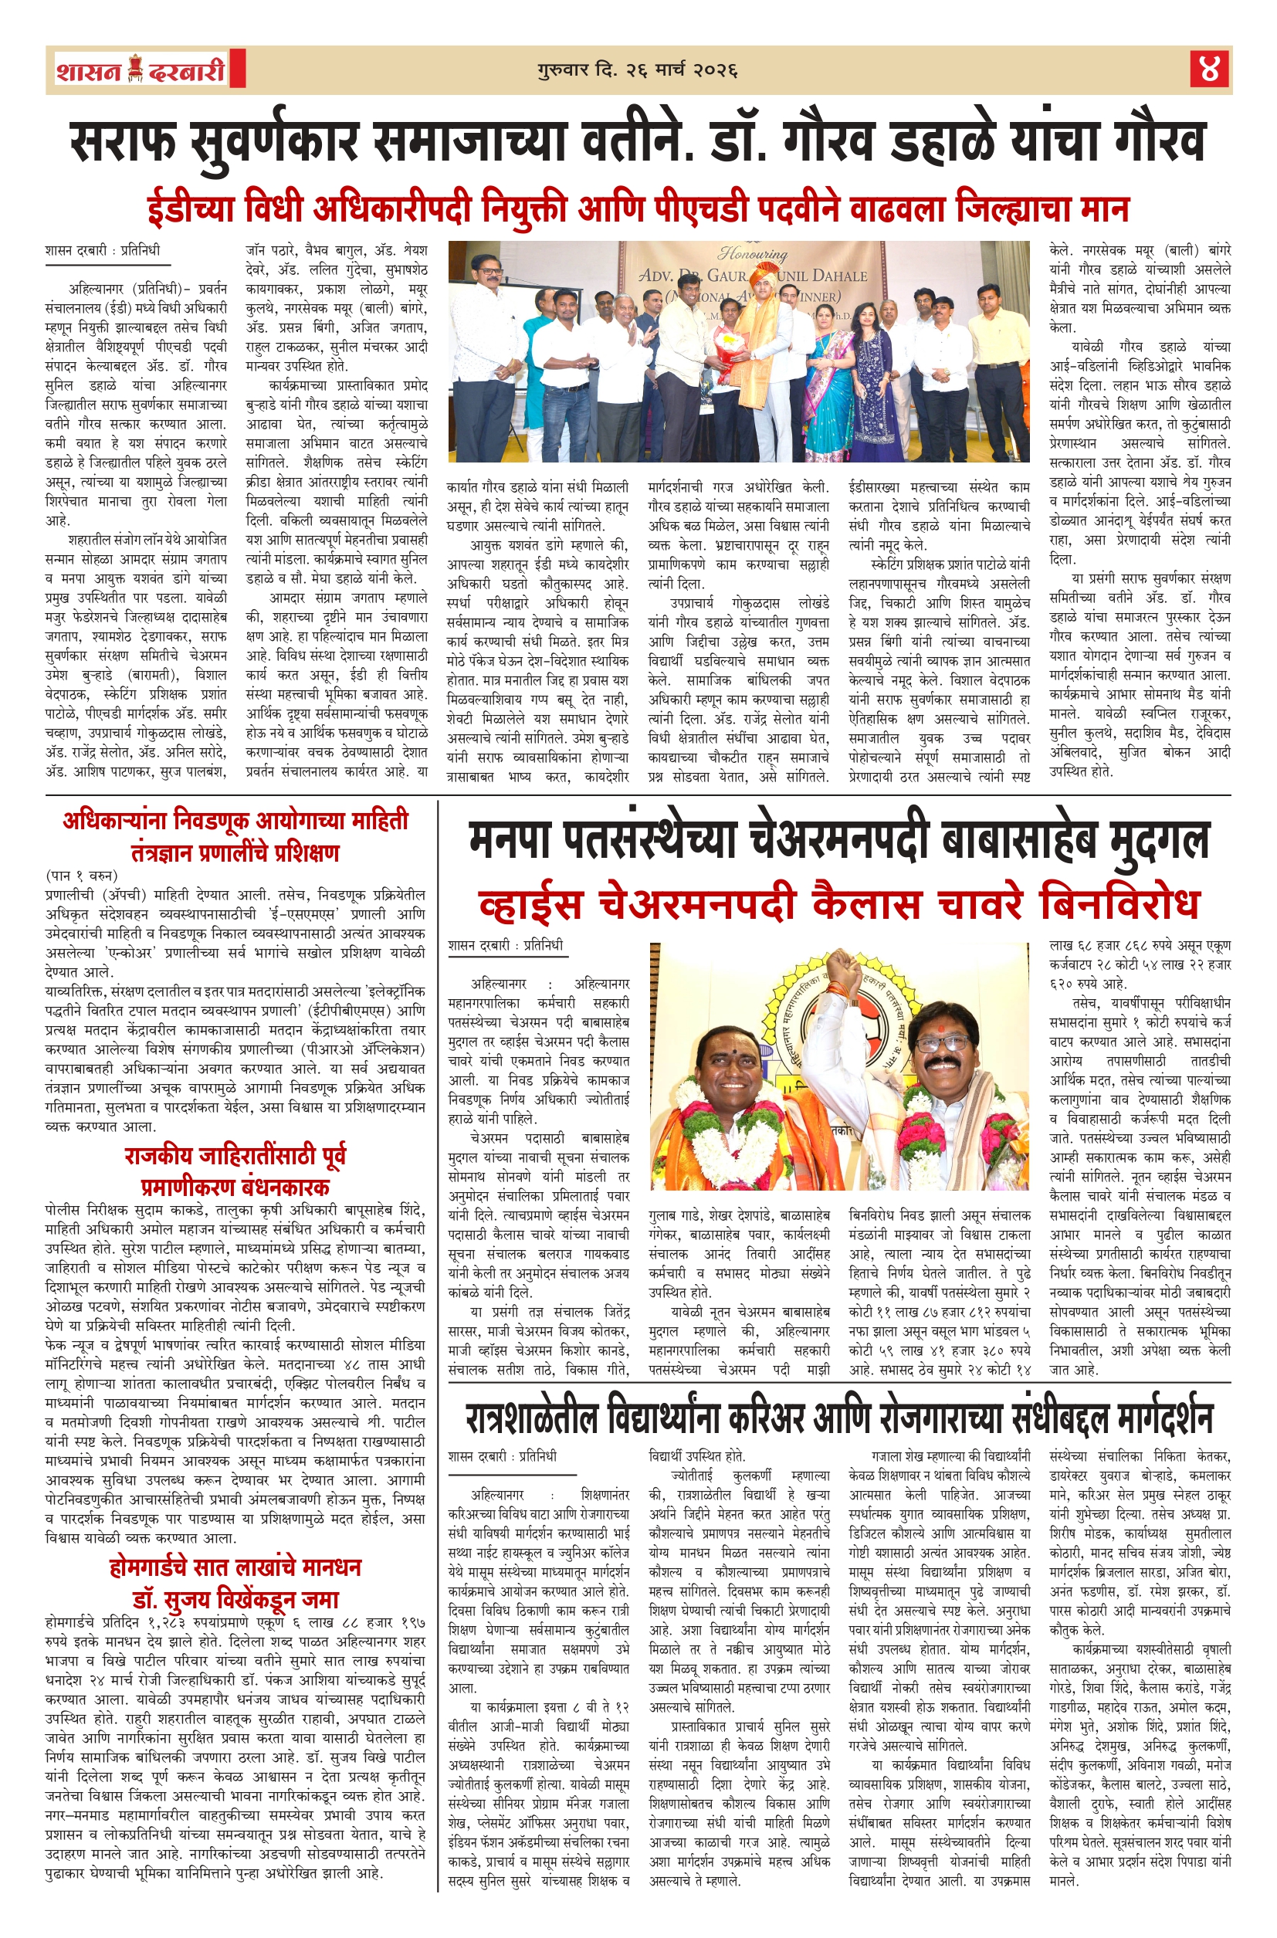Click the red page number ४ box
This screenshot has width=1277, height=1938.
click(1209, 69)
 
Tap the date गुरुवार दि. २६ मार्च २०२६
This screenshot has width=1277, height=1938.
click(638, 70)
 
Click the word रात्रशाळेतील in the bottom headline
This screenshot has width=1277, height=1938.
click(533, 1418)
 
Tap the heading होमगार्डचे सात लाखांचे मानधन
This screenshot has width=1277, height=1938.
click(235, 1567)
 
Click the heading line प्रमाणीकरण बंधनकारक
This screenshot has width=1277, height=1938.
click(235, 1187)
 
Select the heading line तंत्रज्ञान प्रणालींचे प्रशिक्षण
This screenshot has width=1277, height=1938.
click(235, 852)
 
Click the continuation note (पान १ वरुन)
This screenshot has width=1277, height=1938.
click(81, 876)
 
